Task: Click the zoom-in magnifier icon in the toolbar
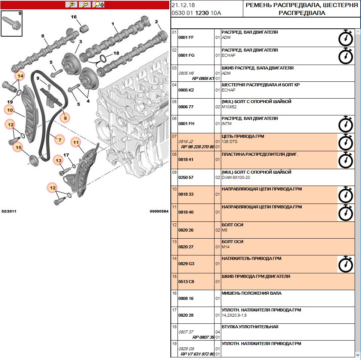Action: coord(71,4)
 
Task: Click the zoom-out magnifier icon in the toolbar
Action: coord(85,4)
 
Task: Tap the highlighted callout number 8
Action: coord(65,118)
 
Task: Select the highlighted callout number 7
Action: coord(59,140)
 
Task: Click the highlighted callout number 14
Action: coord(20,76)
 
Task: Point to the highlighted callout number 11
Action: coord(76,142)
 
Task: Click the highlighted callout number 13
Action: coord(58,161)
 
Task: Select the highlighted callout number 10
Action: coord(9,110)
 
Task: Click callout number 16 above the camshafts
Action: coord(74,17)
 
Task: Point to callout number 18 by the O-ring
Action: coord(116,53)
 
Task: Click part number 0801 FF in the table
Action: coord(186,37)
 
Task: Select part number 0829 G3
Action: coord(186,264)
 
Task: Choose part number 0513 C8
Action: coord(186,282)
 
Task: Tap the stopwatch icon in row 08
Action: coord(345,160)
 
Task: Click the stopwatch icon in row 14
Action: coord(345,264)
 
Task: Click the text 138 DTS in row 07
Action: coord(229,142)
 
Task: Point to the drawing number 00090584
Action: coord(159,211)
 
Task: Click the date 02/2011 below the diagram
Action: coord(9,211)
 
